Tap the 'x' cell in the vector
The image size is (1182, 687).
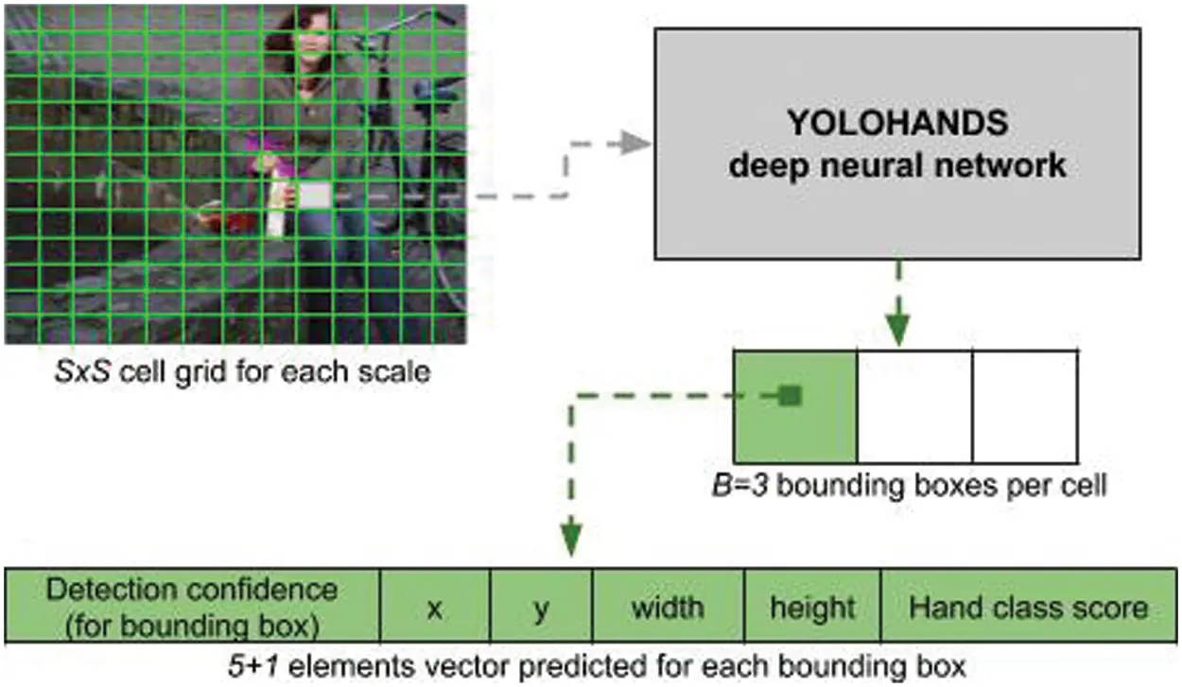click(434, 607)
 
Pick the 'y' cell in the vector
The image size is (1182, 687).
click(541, 607)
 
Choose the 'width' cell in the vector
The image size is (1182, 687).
click(668, 607)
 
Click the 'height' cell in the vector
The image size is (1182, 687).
click(812, 607)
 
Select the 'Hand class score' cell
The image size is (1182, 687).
click(1028, 607)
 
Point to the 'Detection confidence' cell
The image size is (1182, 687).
click(192, 606)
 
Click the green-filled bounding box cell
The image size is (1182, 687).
click(795, 406)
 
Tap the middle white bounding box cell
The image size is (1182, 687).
click(914, 406)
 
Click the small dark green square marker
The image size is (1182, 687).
click(791, 396)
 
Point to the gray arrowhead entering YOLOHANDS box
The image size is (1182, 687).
click(639, 144)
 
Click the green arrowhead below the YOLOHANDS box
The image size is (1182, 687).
click(897, 331)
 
